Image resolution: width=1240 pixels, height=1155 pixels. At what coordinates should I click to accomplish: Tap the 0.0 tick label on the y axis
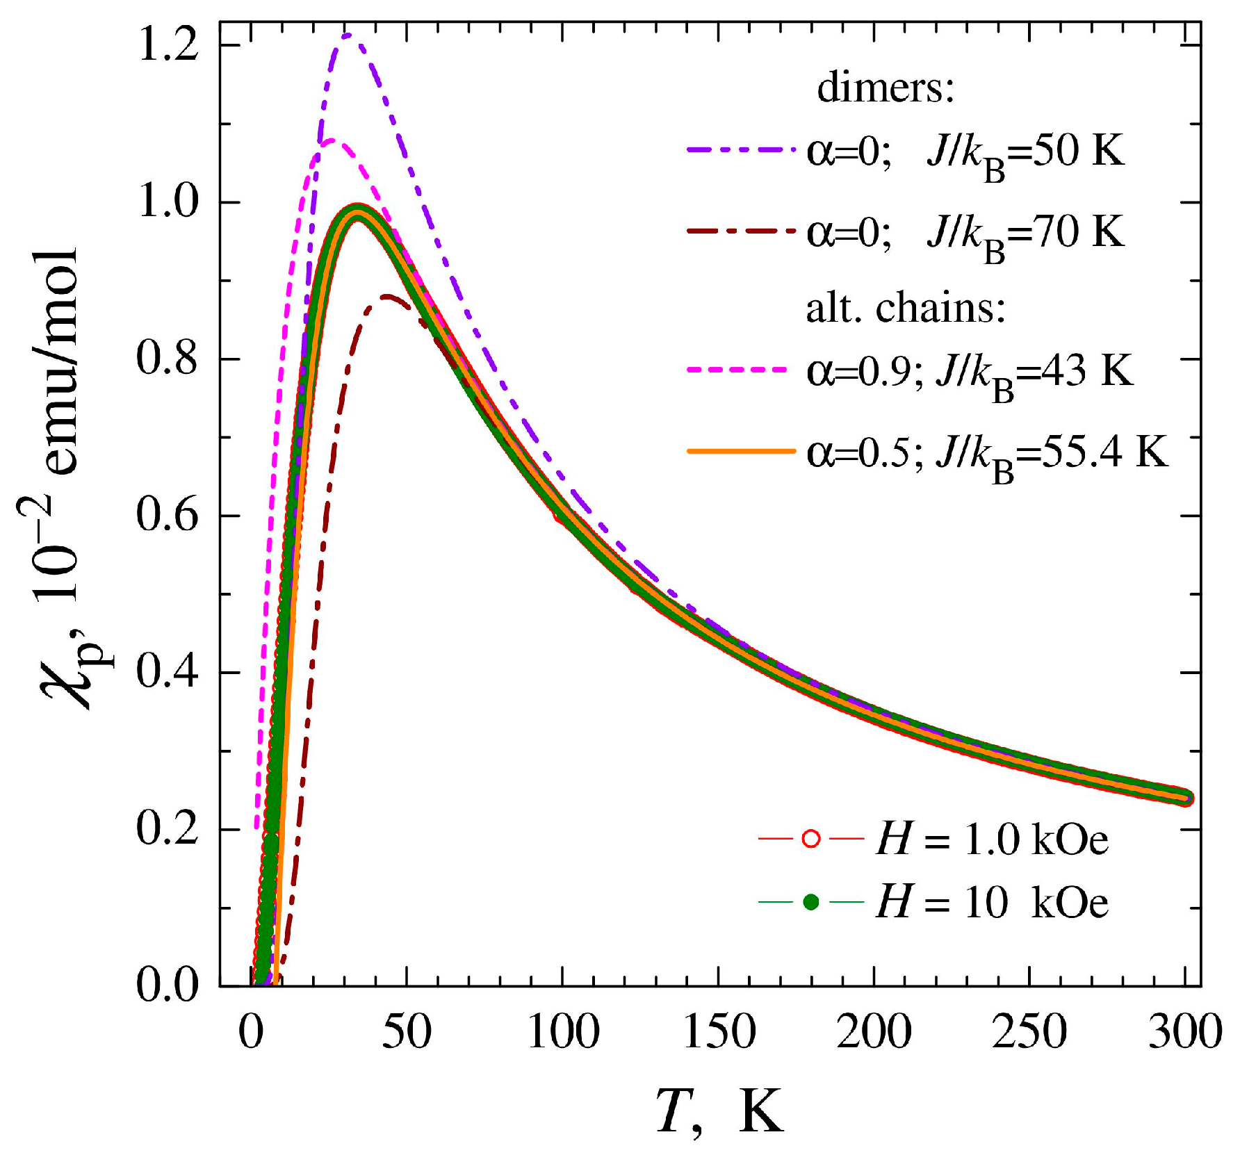tap(168, 985)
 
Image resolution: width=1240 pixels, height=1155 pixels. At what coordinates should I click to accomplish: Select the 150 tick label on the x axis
tap(719, 1033)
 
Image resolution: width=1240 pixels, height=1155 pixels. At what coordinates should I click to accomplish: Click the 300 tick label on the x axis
tap(1185, 1033)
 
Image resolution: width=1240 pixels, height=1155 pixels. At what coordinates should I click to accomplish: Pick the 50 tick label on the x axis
tap(407, 1033)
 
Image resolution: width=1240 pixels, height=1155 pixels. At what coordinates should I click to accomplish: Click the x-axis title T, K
tap(719, 1111)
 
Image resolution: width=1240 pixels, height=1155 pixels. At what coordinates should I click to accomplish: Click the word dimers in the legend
tap(885, 89)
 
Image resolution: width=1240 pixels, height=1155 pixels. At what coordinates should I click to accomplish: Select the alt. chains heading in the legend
tap(906, 308)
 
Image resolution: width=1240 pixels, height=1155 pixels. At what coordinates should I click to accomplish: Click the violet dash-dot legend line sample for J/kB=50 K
tap(741, 149)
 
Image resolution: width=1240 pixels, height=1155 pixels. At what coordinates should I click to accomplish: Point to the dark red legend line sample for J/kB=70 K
tap(741, 230)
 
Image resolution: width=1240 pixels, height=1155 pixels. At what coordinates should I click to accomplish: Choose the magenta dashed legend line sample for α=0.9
tap(741, 370)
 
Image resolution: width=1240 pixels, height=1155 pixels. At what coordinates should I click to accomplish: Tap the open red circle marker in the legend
tap(810, 839)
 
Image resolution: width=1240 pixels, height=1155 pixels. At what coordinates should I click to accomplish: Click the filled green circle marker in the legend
tap(810, 902)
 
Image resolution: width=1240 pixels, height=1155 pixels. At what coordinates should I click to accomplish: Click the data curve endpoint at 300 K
tap(1186, 798)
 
